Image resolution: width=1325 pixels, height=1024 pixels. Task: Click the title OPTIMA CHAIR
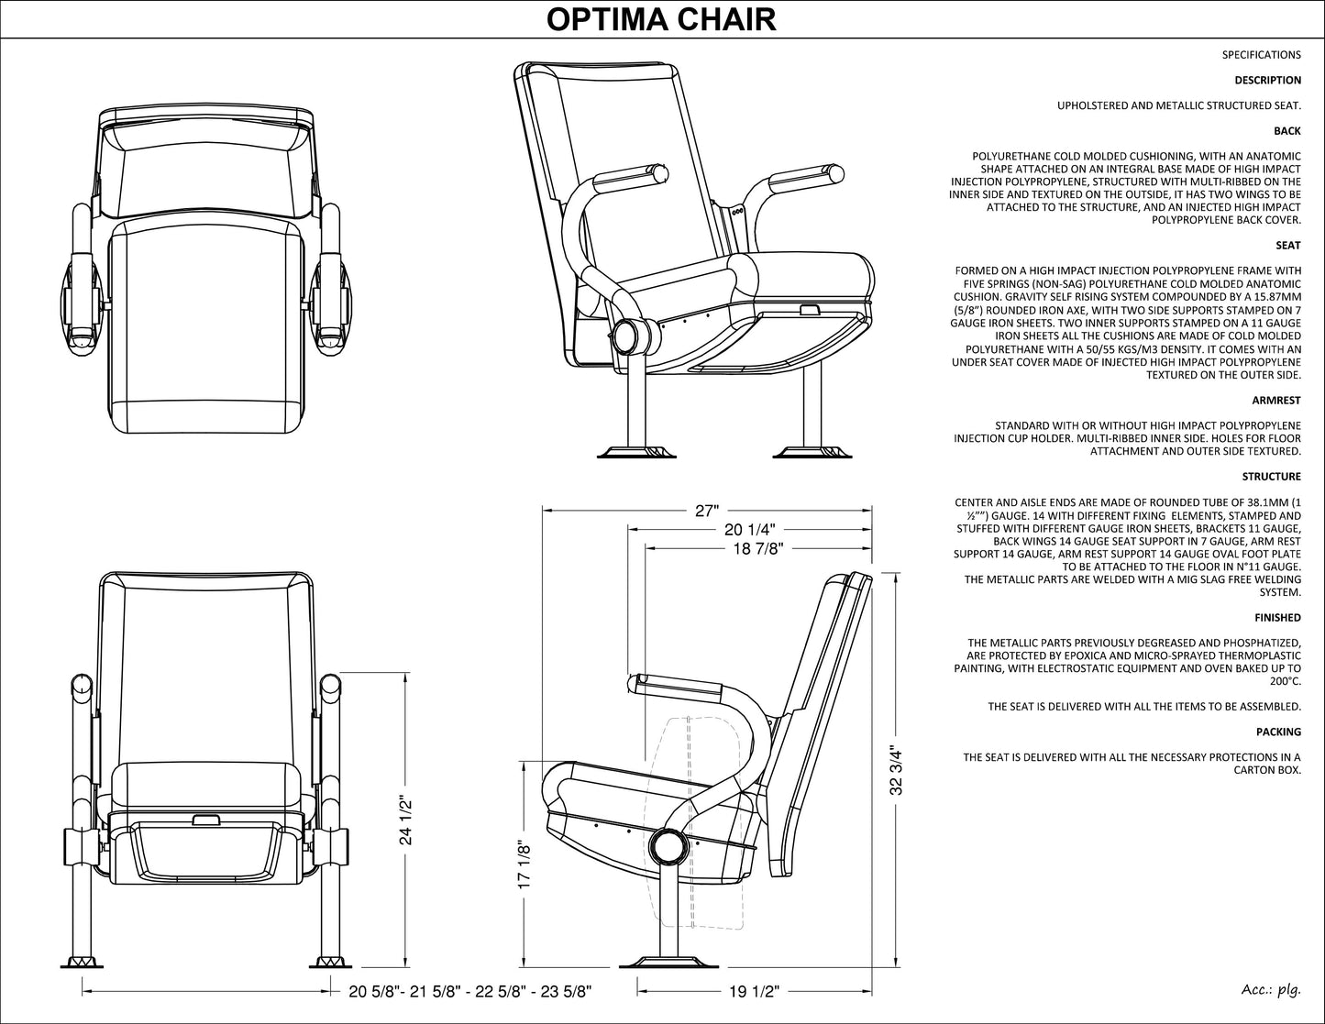pyautogui.click(x=661, y=18)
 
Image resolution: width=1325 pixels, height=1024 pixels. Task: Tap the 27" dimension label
pyautogui.click(x=706, y=512)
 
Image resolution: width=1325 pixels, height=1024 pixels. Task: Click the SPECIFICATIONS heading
pyautogui.click(x=1261, y=55)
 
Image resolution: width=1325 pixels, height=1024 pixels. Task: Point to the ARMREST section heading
pyautogui.click(x=1276, y=401)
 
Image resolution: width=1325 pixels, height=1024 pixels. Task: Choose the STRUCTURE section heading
pyautogui.click(x=1271, y=477)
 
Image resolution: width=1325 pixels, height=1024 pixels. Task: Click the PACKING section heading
pyautogui.click(x=1278, y=732)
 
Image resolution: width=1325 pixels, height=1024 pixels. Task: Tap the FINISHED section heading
pyautogui.click(x=1277, y=618)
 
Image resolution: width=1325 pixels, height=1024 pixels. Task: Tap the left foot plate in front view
pyautogui.click(x=85, y=963)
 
